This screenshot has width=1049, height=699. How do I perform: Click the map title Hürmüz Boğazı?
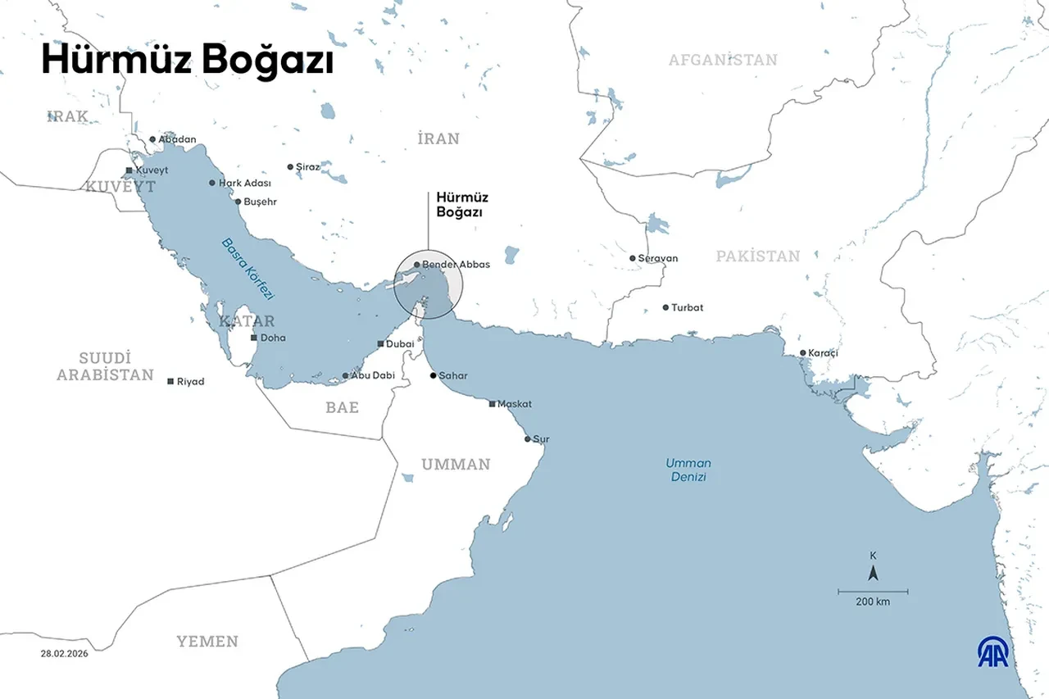pyautogui.click(x=187, y=61)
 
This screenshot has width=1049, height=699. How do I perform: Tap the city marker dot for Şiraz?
pyautogui.click(x=289, y=166)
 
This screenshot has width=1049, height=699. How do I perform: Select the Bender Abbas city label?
pyautogui.click(x=456, y=265)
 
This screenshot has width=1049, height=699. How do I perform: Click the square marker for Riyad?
pyautogui.click(x=170, y=382)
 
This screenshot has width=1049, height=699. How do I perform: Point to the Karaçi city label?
pyautogui.click(x=824, y=353)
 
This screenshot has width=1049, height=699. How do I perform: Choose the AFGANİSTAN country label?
pyautogui.click(x=722, y=60)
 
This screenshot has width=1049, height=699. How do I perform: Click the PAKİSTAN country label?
pyautogui.click(x=757, y=256)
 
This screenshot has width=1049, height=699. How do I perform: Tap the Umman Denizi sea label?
pyautogui.click(x=688, y=470)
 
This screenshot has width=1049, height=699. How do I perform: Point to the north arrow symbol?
pyautogui.click(x=873, y=573)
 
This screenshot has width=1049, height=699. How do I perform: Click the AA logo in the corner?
pyautogui.click(x=992, y=651)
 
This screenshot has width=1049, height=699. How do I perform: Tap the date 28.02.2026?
pyautogui.click(x=64, y=653)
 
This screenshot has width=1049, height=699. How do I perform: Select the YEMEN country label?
pyautogui.click(x=207, y=642)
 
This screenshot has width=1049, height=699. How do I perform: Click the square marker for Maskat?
pyautogui.click(x=492, y=404)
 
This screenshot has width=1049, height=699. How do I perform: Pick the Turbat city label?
pyautogui.click(x=687, y=308)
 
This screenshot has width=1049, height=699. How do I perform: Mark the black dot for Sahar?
pyautogui.click(x=434, y=375)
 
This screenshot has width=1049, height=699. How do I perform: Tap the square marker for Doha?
pyautogui.click(x=254, y=338)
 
